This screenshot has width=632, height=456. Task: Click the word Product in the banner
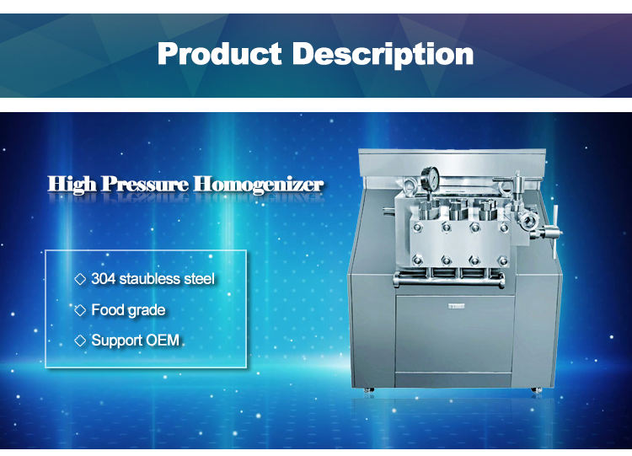click(220, 55)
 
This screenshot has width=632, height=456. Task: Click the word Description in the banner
click(383, 55)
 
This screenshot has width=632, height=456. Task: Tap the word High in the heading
click(71, 184)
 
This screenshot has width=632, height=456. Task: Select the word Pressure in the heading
click(147, 184)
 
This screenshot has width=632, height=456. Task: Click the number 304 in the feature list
click(103, 278)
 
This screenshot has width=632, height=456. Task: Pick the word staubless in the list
click(151, 278)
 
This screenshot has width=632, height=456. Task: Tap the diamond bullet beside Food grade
click(81, 310)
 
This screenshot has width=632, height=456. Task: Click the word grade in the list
click(147, 310)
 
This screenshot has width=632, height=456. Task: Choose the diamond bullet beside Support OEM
click(81, 341)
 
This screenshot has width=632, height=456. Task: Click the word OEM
click(163, 341)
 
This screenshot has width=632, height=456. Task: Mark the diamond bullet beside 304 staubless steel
click(81, 278)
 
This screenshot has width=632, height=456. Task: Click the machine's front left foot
click(368, 389)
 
